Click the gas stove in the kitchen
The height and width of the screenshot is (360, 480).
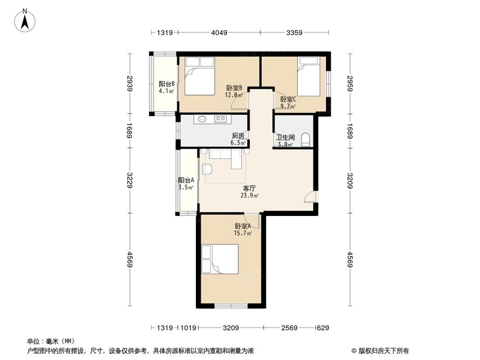click(220, 119)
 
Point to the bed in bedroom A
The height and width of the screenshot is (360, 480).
click(220, 259)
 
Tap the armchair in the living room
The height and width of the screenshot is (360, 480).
click(207, 169)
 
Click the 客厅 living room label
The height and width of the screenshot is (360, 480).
click(249, 188)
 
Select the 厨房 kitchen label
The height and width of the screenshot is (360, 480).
click(238, 136)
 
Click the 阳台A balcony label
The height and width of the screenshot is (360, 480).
click(186, 180)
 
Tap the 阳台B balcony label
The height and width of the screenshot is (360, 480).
click(166, 83)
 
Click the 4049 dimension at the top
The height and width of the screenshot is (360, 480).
click(218, 33)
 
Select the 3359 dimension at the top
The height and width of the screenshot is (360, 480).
click(294, 33)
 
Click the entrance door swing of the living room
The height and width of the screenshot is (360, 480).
click(311, 197)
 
